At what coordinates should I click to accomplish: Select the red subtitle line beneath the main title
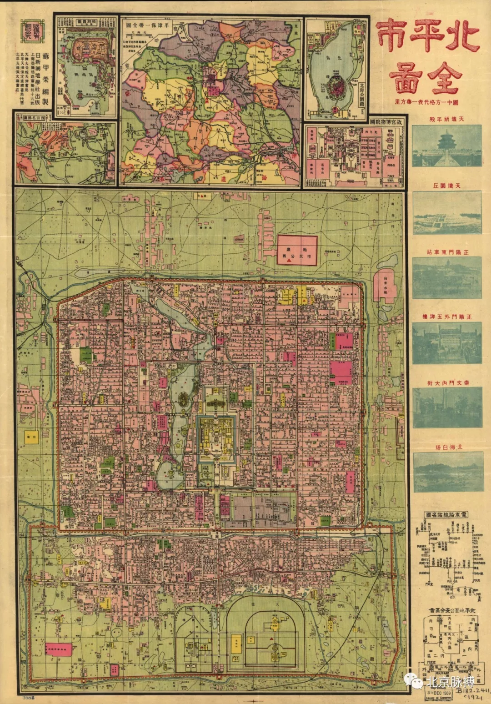tap(426, 102)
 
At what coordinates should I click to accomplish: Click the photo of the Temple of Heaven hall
tap(446, 145)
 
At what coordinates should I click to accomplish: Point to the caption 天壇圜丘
tap(446, 186)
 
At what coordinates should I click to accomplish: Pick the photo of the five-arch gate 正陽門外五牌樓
tap(446, 343)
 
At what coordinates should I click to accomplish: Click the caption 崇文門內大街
tap(447, 383)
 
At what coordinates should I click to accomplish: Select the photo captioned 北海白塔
tap(447, 472)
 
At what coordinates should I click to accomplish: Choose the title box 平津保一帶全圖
tap(147, 25)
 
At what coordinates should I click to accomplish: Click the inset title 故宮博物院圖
tap(386, 122)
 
